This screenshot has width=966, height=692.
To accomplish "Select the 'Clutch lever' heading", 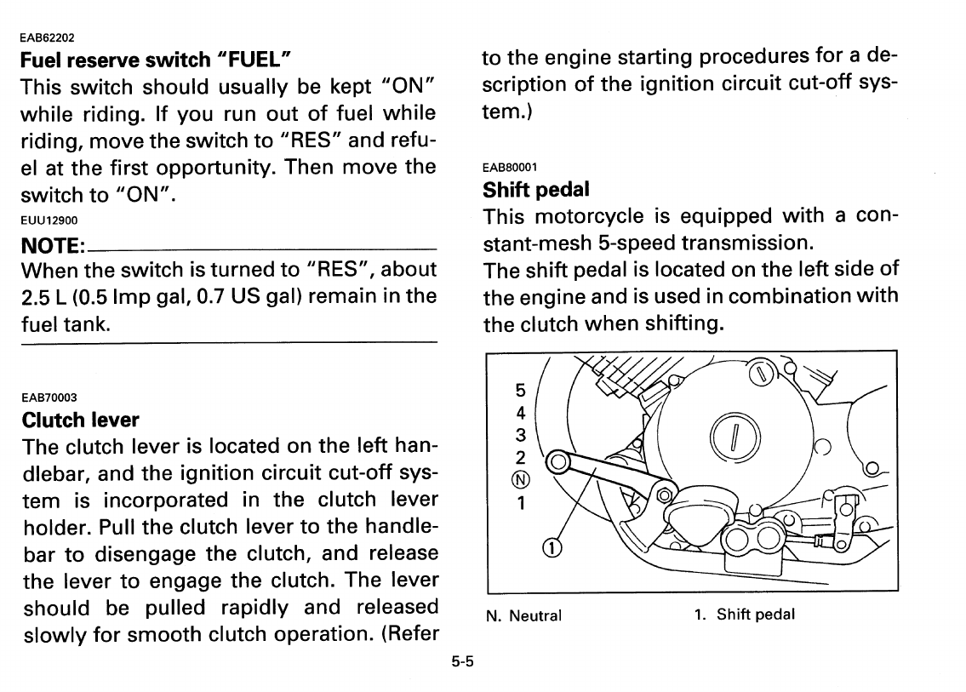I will point(80,420).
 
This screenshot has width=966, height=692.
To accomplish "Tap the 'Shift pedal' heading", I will point(535,188).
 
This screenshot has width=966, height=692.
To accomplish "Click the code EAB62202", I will point(48,37).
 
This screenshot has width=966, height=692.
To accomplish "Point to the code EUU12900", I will point(49,220).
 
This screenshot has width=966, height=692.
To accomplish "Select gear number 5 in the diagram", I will point(521,391).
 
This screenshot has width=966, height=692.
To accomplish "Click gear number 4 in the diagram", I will point(521,413).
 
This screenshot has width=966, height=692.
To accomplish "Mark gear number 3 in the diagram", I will point(521,435).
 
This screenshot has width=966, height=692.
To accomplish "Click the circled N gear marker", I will point(521,479).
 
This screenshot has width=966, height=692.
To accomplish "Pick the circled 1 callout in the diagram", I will point(550,547).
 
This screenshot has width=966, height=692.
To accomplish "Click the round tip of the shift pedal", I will point(559,462).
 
